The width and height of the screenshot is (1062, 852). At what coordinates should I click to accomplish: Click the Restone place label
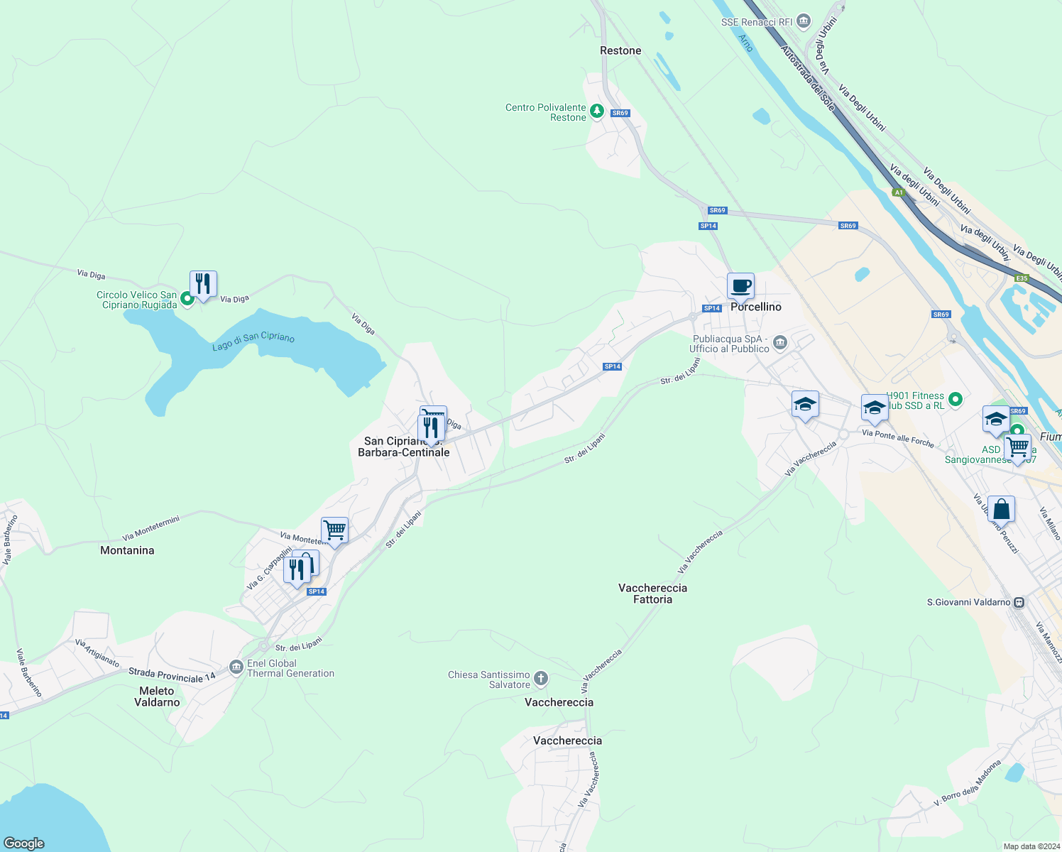[x=620, y=50]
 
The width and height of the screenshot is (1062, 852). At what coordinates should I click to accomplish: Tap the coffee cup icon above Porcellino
[x=740, y=286]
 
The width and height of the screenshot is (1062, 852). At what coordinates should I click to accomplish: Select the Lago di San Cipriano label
[x=253, y=341]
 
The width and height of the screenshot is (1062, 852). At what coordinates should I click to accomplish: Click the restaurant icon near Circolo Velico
[x=203, y=284]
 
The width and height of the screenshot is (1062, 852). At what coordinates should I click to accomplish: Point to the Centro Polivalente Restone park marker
[x=597, y=111]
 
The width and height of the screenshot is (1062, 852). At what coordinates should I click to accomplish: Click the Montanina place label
[x=127, y=550]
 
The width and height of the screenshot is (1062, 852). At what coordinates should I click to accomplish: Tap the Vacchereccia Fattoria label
[x=652, y=594]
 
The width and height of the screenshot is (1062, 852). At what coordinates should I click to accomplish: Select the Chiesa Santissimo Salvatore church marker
[x=541, y=679]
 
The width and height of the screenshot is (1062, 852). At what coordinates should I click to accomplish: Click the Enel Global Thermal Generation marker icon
[x=236, y=667]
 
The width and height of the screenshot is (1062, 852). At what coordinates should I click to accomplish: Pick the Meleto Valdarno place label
[x=157, y=697]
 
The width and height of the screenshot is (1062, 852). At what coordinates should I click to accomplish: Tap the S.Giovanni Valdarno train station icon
[x=1019, y=602]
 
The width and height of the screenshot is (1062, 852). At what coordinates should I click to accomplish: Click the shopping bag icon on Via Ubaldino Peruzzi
[x=1001, y=509]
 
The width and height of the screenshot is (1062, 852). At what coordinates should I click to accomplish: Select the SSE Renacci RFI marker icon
[x=804, y=21]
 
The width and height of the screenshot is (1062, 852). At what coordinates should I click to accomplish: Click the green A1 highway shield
[x=899, y=192]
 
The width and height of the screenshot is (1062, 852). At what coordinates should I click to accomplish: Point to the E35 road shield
[x=1022, y=278]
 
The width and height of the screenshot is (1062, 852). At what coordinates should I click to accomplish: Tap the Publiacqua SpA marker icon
[x=780, y=343]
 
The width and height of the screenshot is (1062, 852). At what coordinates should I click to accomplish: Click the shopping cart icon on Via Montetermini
[x=334, y=530]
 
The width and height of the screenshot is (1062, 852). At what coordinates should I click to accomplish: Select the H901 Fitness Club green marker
[x=956, y=400]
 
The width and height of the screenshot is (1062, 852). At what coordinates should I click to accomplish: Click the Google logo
[x=24, y=843]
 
